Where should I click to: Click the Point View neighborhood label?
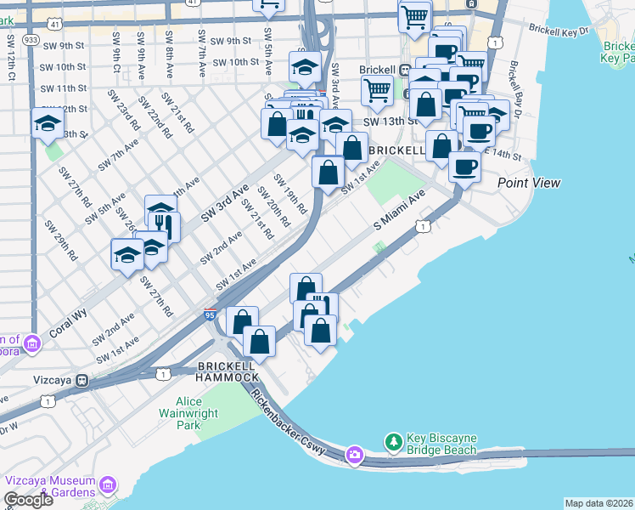529,183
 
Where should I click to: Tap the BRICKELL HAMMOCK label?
227,371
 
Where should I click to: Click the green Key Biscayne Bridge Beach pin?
393,442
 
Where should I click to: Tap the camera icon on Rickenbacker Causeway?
354,456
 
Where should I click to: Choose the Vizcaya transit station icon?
82,380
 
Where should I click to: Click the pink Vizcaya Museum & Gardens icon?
107,484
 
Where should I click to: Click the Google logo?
28,500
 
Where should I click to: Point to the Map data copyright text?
599,503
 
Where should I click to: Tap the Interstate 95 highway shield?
211,315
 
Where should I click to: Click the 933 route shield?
31,39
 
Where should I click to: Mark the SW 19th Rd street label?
289,194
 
